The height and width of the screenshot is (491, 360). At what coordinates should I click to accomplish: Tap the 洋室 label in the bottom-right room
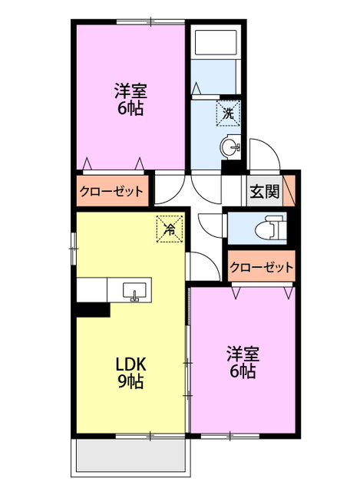242,354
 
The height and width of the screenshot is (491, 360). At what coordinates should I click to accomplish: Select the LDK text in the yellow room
130,363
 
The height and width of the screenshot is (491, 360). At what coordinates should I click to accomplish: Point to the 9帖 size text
130,381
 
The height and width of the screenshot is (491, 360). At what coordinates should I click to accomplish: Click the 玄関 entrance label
263,193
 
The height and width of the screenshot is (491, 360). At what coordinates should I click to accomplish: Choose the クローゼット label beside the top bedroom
112,191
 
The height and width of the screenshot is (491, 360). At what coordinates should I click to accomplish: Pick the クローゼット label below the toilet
262,268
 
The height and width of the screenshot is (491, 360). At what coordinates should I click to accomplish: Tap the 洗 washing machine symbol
228,114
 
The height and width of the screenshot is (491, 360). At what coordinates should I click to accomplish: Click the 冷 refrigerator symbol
170,228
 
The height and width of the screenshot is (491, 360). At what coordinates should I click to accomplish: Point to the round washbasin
230,146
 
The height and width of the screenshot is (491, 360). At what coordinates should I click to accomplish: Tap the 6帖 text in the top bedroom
130,108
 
